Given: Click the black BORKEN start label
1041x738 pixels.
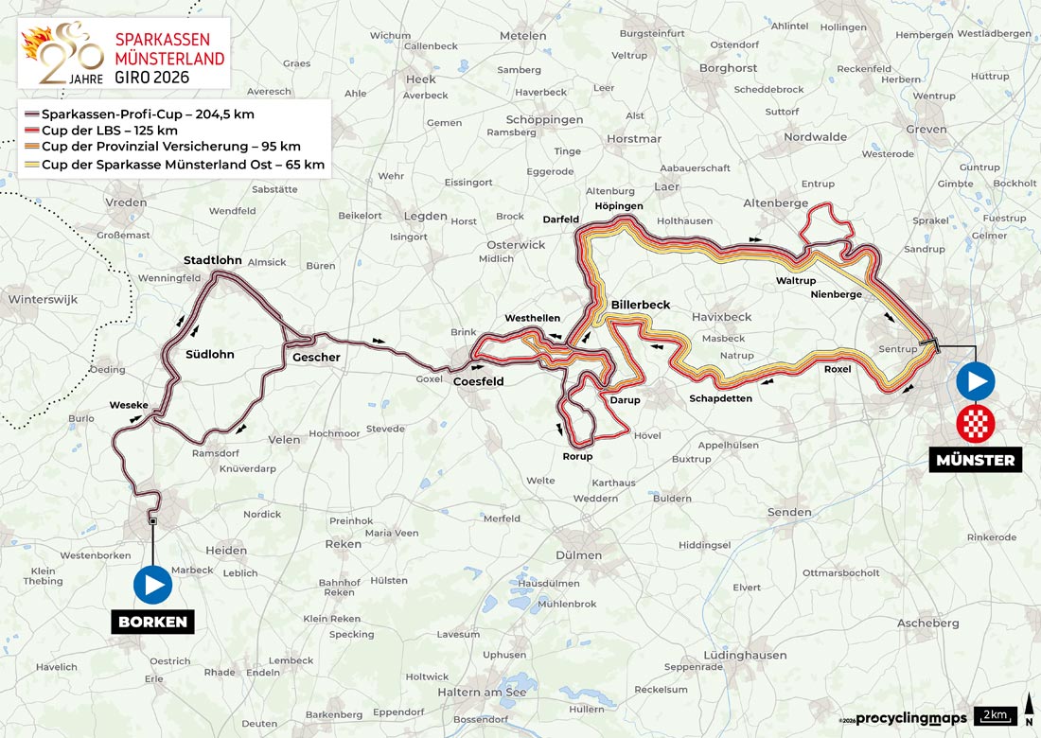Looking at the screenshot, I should [153, 622].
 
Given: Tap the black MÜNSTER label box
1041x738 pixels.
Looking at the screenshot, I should [975, 461].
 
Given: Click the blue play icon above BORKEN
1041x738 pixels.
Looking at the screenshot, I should [153, 584].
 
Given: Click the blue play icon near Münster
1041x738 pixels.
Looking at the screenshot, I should [975, 383].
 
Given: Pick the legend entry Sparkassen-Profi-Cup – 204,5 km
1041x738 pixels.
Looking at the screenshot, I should [142, 114].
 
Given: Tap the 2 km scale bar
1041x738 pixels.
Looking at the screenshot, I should [998, 715].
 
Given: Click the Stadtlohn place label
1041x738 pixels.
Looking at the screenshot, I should [213, 260].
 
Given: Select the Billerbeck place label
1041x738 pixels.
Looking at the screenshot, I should [641, 305].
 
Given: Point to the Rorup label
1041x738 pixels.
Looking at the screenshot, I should [577, 456].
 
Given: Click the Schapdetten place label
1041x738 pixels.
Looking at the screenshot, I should [720, 398].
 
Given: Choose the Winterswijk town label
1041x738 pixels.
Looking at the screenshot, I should [43, 299].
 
